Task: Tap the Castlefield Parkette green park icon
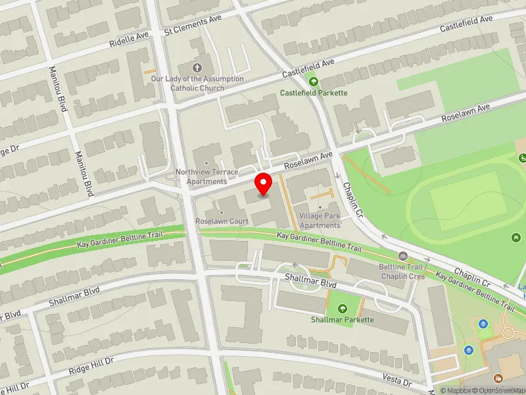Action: (x=314, y=82)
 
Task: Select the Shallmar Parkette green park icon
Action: (x=342, y=308)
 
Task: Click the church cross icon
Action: (x=197, y=67)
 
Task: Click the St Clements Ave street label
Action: (x=193, y=26)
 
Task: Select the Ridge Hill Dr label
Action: (x=91, y=367)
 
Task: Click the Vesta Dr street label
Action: (x=397, y=379)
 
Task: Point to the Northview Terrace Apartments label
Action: (x=206, y=176)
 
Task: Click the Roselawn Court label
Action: (x=222, y=221)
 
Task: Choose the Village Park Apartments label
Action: (x=320, y=221)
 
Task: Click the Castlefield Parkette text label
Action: (x=314, y=93)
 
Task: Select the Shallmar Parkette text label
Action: (x=342, y=320)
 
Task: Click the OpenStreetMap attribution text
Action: (x=496, y=390)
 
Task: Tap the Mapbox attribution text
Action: (x=457, y=390)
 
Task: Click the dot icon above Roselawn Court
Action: (x=221, y=212)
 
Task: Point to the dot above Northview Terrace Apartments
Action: (x=206, y=163)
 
